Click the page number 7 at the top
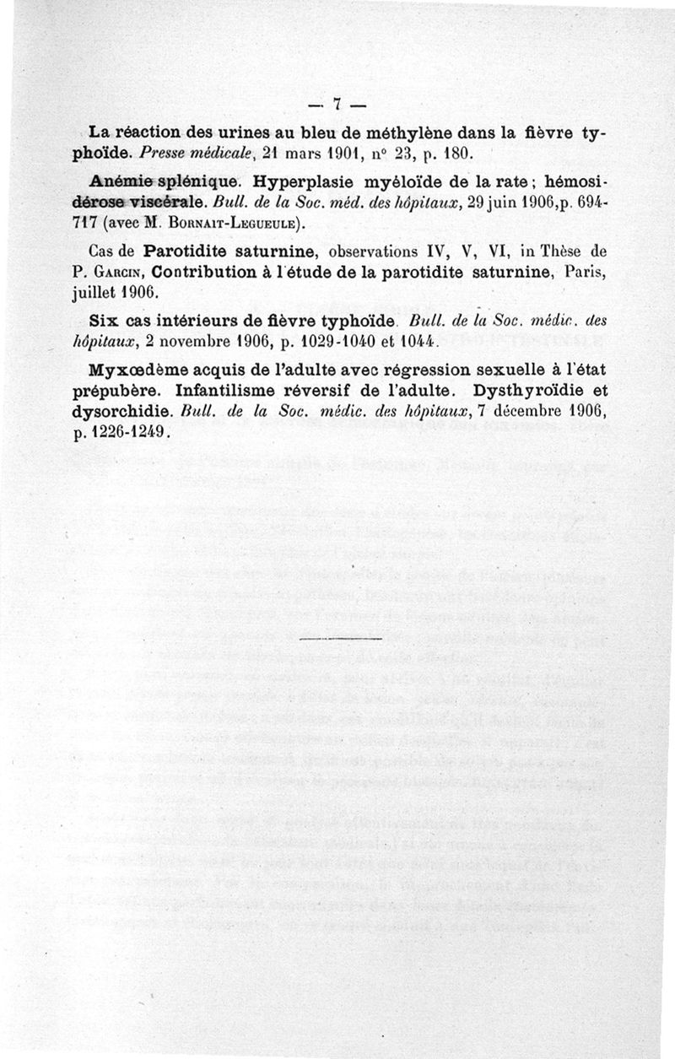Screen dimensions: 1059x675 pyautogui.click(x=336, y=105)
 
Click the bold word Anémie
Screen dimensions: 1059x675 pyautogui.click(x=119, y=181)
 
